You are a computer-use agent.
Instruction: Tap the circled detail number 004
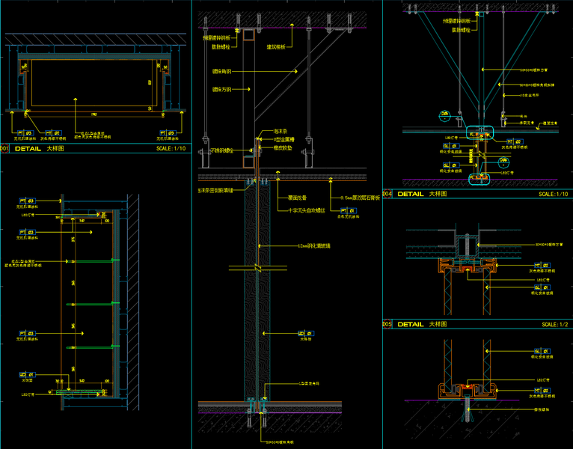tap(387, 194)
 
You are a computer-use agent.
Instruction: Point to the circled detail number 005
tap(387, 325)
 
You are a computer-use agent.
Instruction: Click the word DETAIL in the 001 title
tap(28, 149)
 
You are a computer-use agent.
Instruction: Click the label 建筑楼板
tap(279, 47)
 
